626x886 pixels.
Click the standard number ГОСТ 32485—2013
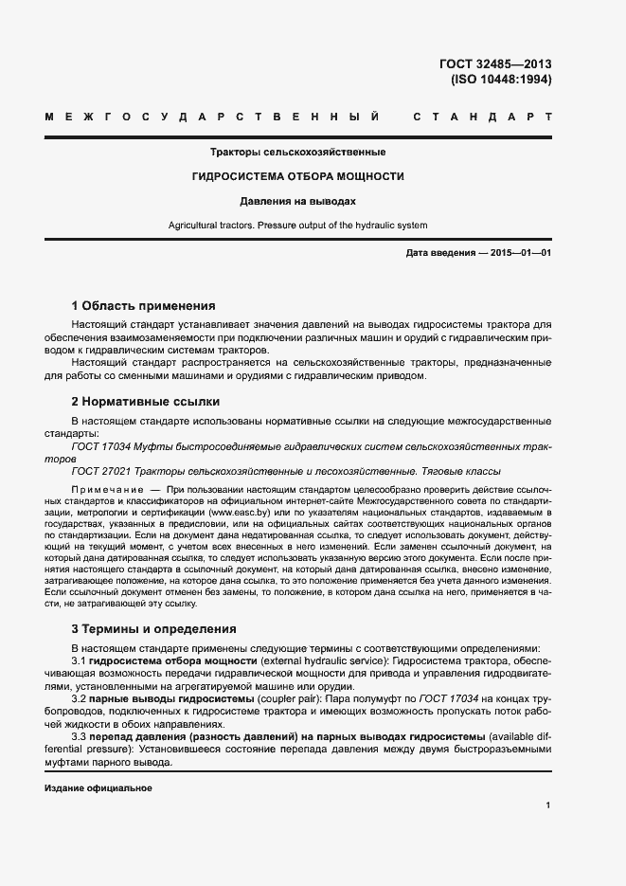pyautogui.click(x=495, y=64)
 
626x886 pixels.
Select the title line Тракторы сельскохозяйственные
pyautogui.click(x=297, y=152)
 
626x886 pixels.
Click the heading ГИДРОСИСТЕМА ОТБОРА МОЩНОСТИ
pyautogui.click(x=297, y=176)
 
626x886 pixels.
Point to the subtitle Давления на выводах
pyautogui.click(x=297, y=201)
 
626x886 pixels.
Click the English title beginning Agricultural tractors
pyautogui.click(x=297, y=226)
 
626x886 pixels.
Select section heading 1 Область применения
pyautogui.click(x=144, y=306)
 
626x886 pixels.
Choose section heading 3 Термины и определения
pyautogui.click(x=154, y=628)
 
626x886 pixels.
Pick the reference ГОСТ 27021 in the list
pyautogui.click(x=101, y=471)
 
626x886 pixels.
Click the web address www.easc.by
pyautogui.click(x=237, y=512)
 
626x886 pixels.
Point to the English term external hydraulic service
pyautogui.click(x=325, y=660)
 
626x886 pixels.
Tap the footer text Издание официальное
pyautogui.click(x=98, y=788)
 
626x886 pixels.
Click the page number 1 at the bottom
pyautogui.click(x=548, y=805)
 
